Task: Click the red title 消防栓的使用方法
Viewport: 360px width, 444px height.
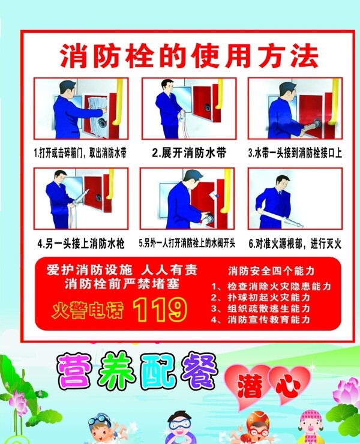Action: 189,56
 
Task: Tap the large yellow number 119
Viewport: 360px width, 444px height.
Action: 160,310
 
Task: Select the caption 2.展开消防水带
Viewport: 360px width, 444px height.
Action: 189,153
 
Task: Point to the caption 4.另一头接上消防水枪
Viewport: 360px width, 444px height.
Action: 81,244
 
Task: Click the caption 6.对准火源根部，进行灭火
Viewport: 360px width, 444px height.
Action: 295,244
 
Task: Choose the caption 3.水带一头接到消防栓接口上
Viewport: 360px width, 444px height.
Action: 295,153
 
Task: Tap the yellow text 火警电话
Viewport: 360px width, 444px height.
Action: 88,311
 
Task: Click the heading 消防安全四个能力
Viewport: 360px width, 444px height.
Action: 271,271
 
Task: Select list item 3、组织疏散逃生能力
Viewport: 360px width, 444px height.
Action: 260,308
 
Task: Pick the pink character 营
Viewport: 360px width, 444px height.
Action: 75,371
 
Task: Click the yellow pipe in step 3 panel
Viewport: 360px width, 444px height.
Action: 334,101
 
